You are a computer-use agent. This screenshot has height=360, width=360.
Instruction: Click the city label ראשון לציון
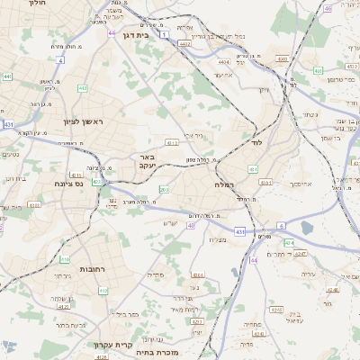click(84, 121)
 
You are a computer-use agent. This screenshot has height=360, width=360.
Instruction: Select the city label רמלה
click(224, 184)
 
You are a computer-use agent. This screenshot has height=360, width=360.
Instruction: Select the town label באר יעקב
click(148, 162)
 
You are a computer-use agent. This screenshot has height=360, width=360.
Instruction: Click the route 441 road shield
click(8, 77)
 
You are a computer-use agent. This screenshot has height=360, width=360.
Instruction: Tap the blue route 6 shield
click(281, 226)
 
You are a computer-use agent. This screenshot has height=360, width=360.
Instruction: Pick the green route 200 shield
click(164, 189)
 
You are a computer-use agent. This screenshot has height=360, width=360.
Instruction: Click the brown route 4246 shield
click(333, 291)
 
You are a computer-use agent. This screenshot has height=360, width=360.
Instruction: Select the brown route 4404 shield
click(223, 62)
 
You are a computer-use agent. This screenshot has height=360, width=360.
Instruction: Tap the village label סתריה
click(180, 274)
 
